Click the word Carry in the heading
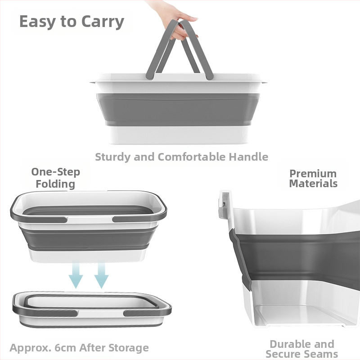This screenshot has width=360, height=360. point(103,22)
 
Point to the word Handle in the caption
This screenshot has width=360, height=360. point(248,157)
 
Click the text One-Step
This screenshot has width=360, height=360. point(55,172)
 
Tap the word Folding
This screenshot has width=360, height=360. point(55,184)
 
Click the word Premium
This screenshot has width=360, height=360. point(313,174)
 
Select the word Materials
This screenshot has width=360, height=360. point(313,184)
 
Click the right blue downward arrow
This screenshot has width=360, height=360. point(101,275)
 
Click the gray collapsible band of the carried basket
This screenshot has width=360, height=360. point(178,109)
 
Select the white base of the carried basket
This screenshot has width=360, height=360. point(179,135)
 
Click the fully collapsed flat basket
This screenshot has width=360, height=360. point(92,309)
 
